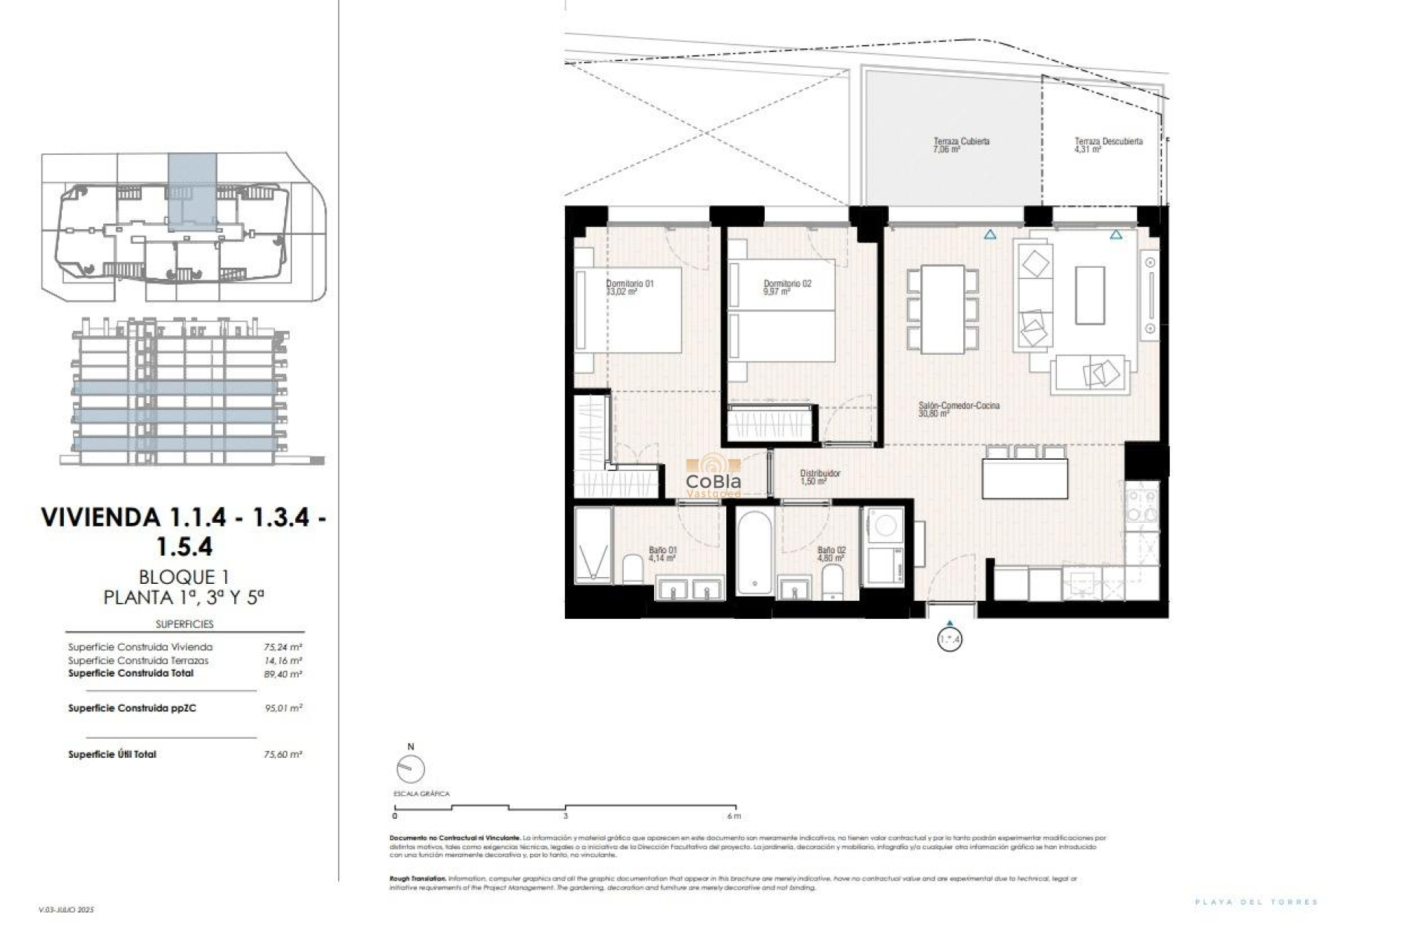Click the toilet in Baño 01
coord(632,569)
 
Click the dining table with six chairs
coord(942,309)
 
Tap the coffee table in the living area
coord(1089,295)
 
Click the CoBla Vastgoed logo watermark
coord(713,477)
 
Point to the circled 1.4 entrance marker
coord(949,640)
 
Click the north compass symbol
coord(410,768)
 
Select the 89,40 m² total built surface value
coord(282,674)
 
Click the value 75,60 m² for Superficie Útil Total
coord(282,754)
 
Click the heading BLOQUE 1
coord(184,576)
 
